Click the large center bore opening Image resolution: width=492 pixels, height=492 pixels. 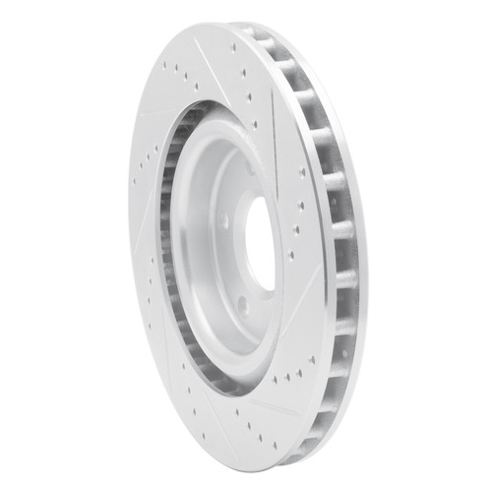coord(260,243)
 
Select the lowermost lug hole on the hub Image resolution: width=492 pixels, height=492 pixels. coord(243,308)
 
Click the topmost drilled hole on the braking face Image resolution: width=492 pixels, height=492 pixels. coord(233,44)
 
